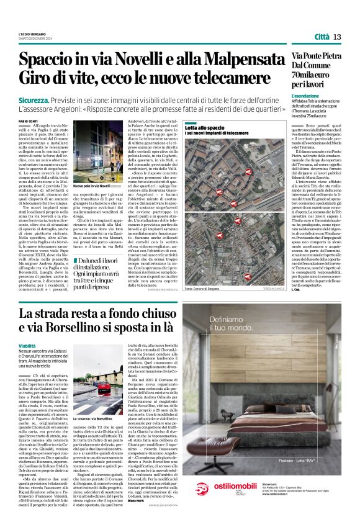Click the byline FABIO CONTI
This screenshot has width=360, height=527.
point(29,121)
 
